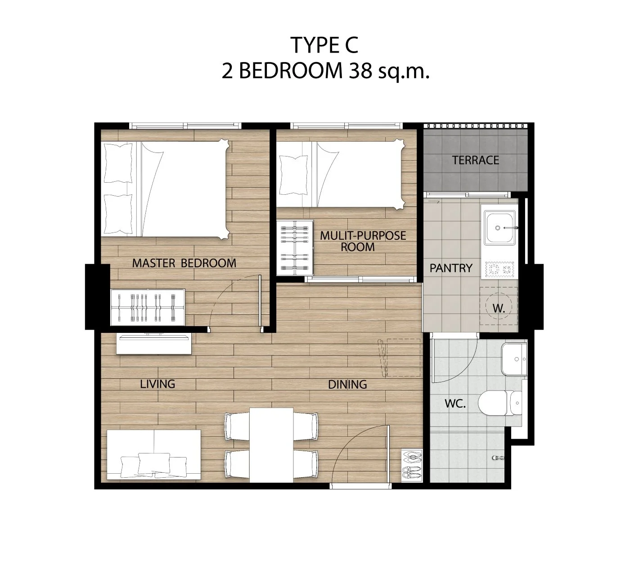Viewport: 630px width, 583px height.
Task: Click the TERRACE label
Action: [475, 160]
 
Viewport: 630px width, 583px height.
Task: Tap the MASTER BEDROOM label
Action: [184, 263]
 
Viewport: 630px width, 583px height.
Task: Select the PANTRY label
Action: [451, 268]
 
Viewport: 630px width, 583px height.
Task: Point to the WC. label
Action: [455, 404]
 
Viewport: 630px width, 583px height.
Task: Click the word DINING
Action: [347, 385]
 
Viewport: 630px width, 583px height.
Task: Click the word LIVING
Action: [157, 384]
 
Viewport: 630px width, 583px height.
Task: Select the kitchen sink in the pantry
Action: [499, 228]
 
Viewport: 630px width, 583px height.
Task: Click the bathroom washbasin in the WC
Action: [514, 359]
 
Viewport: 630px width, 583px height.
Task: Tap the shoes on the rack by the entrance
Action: [412, 466]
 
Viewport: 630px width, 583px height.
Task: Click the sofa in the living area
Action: [154, 454]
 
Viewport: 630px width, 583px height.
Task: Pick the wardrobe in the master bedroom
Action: [148, 307]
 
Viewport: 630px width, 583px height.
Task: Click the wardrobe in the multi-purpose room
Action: [295, 248]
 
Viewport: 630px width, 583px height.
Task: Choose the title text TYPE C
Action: [324, 45]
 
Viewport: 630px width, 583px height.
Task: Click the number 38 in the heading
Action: [360, 71]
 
